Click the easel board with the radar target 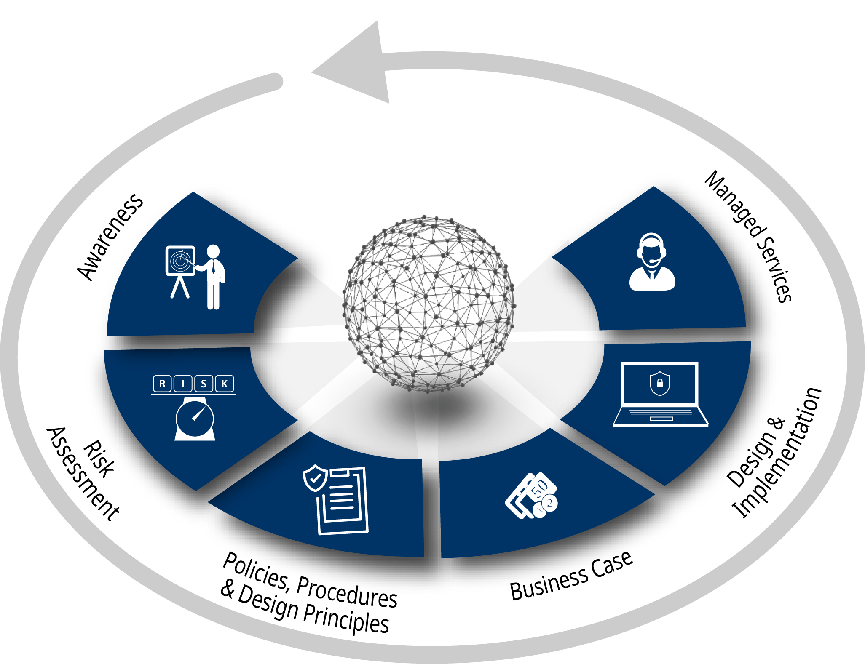(180, 261)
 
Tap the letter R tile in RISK (162, 384)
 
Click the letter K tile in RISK (225, 384)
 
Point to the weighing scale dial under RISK (195, 419)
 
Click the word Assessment (83, 474)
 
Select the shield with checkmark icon (315, 478)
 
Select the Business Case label (571, 576)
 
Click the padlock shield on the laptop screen (660, 383)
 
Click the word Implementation (778, 453)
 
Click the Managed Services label (748, 236)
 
